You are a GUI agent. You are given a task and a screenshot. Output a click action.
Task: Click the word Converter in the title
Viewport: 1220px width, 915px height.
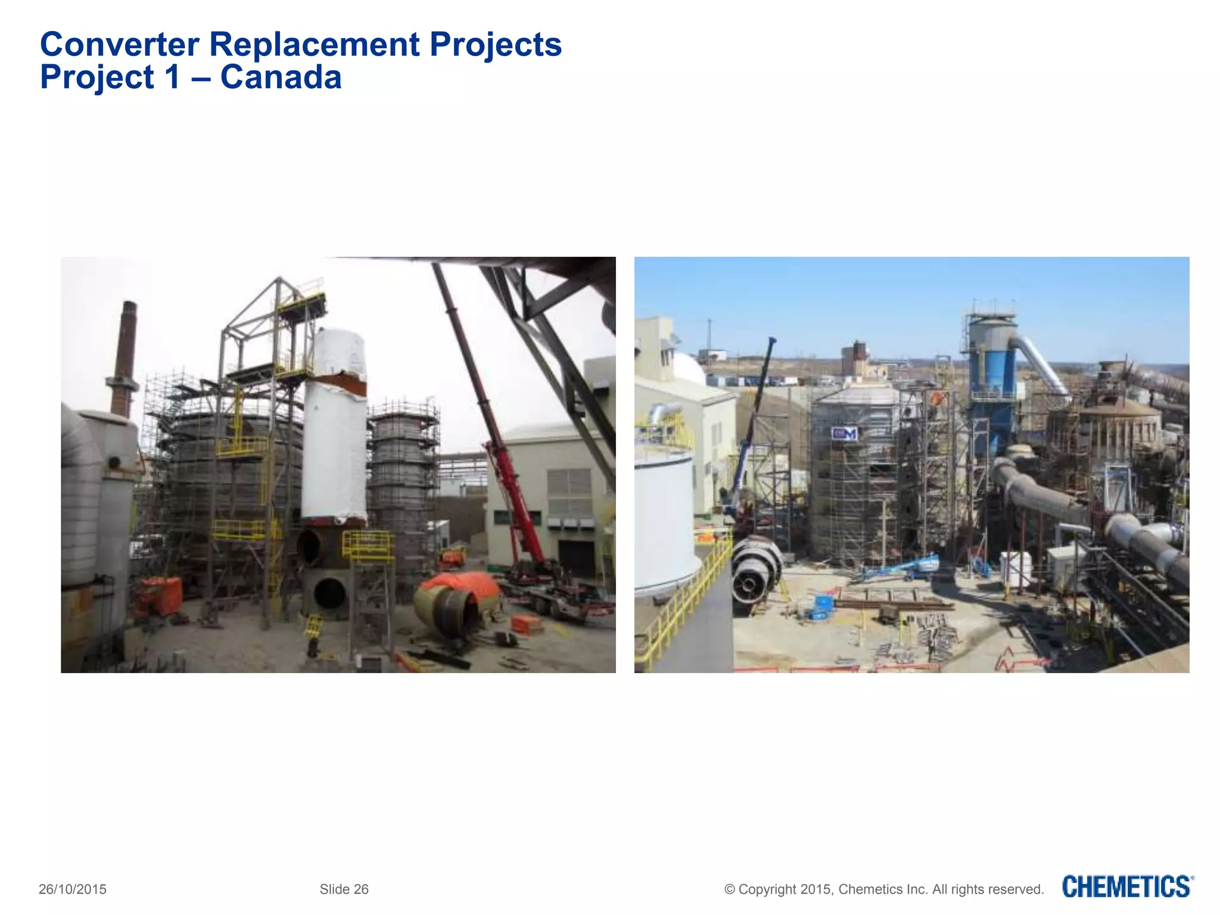pos(119,45)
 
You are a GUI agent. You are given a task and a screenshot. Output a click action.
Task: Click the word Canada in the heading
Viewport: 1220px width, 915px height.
pos(281,77)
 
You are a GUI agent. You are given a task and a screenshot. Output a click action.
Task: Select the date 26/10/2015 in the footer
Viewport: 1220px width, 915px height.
pos(73,889)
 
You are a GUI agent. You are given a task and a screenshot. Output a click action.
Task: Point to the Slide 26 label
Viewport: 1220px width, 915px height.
pos(344,889)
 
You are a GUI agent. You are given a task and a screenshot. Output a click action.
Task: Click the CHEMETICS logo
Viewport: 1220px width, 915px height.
pos(1128,887)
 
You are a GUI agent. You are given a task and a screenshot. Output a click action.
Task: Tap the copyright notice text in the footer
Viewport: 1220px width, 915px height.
pos(884,889)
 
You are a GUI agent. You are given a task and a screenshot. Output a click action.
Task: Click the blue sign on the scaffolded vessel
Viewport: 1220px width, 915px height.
pos(844,434)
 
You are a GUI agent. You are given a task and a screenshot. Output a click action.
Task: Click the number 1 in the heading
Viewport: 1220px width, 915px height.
pos(172,77)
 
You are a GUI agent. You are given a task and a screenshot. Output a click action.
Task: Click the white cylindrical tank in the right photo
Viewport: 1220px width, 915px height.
pos(664,518)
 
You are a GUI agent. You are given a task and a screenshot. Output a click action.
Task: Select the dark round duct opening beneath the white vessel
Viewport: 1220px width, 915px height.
pos(329,593)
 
